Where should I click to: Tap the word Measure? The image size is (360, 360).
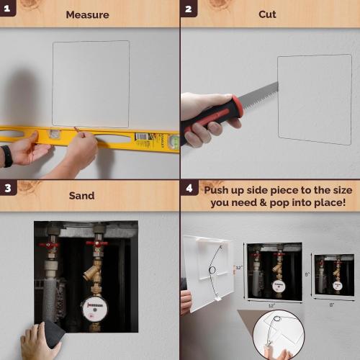(87, 14)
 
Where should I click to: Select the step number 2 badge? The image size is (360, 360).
(189, 9)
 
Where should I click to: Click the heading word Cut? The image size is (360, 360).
(267, 14)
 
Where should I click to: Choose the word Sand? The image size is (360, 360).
(81, 195)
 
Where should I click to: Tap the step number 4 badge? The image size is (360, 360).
(189, 189)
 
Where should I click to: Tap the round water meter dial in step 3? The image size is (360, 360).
(93, 309)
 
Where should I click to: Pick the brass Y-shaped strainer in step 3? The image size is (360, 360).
(93, 271)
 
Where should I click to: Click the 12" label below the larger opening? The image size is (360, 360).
(273, 305)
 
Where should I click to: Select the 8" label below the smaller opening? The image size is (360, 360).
(332, 305)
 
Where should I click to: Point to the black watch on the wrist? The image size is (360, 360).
(6, 156)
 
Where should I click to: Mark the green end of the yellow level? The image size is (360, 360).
(174, 143)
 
